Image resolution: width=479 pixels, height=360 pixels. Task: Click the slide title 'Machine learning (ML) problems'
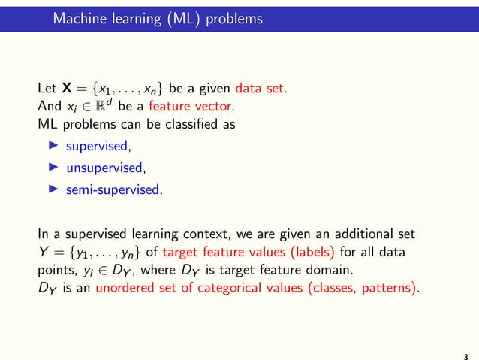coord(158,18)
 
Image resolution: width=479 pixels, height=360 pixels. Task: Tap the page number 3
coord(466,349)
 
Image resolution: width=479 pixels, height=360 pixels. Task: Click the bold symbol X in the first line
coord(67,87)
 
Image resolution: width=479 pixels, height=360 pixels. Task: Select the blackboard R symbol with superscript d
coord(99,105)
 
